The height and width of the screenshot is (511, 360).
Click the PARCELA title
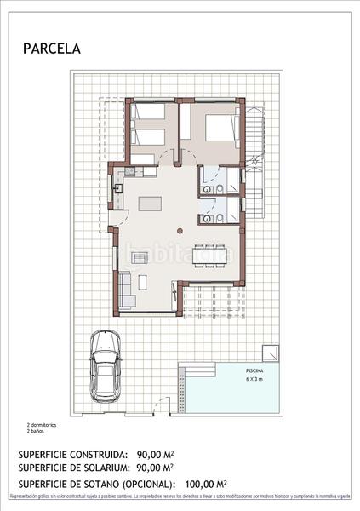(x=52, y=49)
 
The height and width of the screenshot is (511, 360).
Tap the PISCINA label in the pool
(x=254, y=372)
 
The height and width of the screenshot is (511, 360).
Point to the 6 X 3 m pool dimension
(x=254, y=380)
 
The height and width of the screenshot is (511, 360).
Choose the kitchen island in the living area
(x=151, y=204)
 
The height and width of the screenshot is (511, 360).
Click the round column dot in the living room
(x=179, y=230)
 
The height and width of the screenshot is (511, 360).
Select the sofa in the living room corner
(x=128, y=290)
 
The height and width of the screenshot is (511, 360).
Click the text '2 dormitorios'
(x=42, y=423)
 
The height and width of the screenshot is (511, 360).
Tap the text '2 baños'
(x=35, y=429)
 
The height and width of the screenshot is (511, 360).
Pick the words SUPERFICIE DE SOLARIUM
(x=72, y=468)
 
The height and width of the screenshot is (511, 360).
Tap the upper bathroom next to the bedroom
(x=216, y=182)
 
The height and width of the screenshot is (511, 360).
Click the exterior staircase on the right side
(x=253, y=141)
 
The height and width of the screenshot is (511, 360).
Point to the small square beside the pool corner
(x=269, y=352)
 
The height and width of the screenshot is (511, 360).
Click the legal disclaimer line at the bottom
(x=180, y=496)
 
